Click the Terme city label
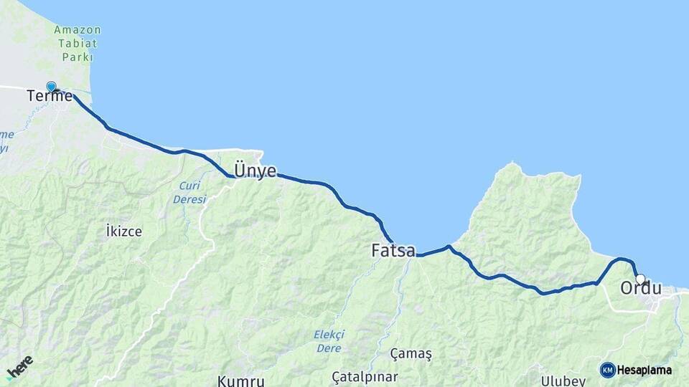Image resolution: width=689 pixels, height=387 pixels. [50, 96]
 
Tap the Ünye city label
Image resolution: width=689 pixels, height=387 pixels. [255, 171]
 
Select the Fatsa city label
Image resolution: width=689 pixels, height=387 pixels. [393, 251]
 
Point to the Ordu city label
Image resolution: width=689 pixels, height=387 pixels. [640, 288]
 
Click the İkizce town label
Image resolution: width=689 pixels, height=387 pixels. [123, 231]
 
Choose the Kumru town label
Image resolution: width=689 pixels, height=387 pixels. [241, 380]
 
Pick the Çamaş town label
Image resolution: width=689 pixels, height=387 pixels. [411, 354]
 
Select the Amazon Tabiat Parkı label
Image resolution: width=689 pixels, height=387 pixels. [77, 43]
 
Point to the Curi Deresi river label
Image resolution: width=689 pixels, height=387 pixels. [189, 192]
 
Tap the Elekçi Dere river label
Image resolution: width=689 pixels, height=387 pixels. [329, 340]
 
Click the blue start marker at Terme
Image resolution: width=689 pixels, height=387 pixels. [51, 87]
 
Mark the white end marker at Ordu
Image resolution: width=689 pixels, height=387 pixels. [640, 279]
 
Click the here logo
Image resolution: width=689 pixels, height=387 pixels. [20, 366]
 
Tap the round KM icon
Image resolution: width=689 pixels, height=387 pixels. [607, 370]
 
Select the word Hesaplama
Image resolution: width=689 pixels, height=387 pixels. [645, 371]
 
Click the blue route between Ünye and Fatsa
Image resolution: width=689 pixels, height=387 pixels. [337, 193]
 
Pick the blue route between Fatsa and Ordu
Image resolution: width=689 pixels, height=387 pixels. [502, 275]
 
